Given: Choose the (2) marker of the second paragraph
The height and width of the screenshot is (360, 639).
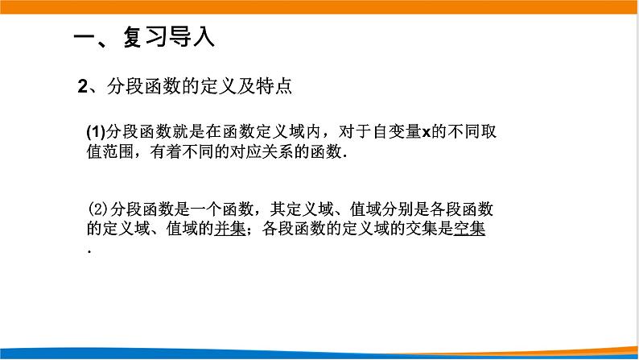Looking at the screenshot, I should coord(95,210).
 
